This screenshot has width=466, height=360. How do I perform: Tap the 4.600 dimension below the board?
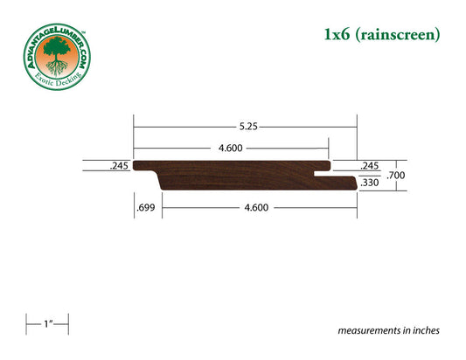[x=254, y=208]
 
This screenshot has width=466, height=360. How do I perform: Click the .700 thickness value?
[x=397, y=176]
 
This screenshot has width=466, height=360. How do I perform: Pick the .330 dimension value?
[x=369, y=183]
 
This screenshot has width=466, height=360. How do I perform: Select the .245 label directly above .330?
[x=369, y=165]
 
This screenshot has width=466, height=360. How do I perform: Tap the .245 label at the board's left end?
[x=119, y=165]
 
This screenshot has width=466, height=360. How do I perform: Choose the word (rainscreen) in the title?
[x=401, y=36]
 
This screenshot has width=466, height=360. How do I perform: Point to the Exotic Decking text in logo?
[x=56, y=83]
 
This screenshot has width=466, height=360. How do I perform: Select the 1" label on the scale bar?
[x=46, y=325]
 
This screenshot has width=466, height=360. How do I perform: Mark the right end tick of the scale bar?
[x=68, y=325]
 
